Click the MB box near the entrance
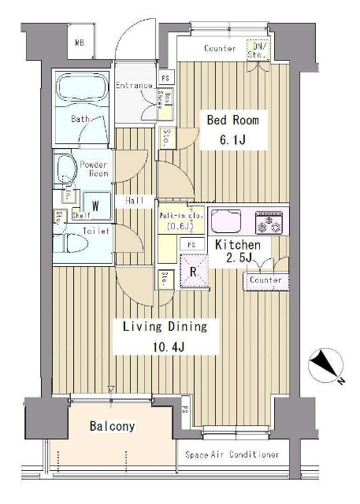point(80,43)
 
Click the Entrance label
point(133,85)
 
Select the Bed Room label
point(232,120)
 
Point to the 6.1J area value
point(232,141)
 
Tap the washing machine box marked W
point(95,206)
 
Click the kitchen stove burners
point(272,221)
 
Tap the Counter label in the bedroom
point(220,49)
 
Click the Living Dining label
point(164,326)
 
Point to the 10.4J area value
point(164,346)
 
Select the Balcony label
point(111,427)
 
